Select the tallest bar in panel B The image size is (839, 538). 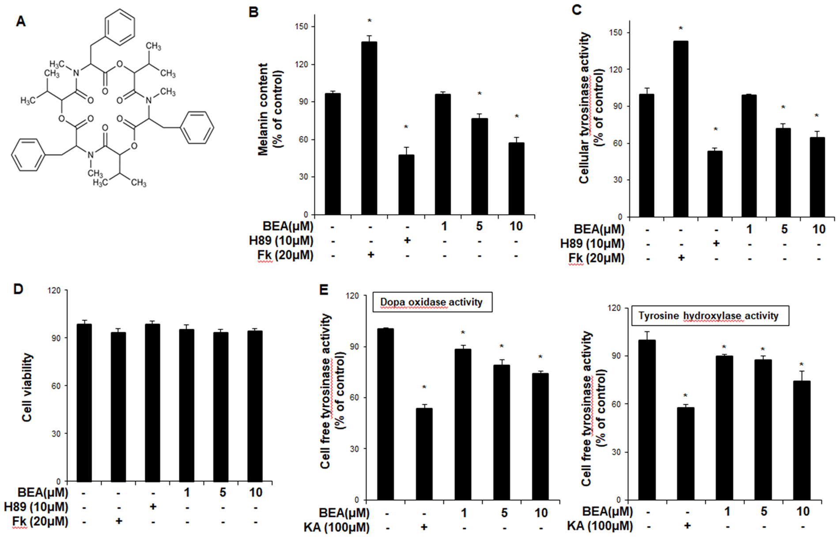point(369,128)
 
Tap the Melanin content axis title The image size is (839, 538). point(270,109)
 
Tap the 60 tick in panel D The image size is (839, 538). point(55,386)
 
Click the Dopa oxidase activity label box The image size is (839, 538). point(431,302)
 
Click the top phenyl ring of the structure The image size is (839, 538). point(120,27)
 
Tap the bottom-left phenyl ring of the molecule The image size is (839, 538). point(28,155)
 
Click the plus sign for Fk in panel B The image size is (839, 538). point(370,256)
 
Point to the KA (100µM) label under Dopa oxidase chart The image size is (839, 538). point(336,527)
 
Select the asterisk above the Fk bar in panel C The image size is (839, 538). point(680,29)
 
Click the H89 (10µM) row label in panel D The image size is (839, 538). point(36,507)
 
